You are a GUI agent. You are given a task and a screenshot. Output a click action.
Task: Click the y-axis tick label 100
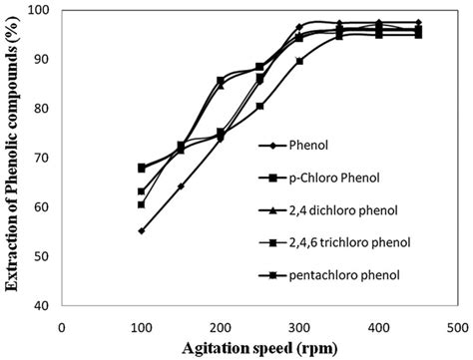pyautogui.click(x=39, y=10)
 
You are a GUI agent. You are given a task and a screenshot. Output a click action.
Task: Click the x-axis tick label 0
pyautogui.click(x=62, y=325)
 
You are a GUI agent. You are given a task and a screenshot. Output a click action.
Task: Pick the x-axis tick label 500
pyautogui.click(x=458, y=325)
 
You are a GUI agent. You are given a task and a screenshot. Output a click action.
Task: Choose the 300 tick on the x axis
pyautogui.click(x=299, y=325)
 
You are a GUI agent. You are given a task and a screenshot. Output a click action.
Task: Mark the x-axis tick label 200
pyautogui.click(x=221, y=325)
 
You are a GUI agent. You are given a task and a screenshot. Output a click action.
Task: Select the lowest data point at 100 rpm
pyautogui.click(x=142, y=230)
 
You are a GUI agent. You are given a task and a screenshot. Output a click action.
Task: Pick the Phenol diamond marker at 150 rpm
pyautogui.click(x=181, y=186)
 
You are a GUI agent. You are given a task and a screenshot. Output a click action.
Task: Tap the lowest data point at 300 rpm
pyautogui.click(x=299, y=61)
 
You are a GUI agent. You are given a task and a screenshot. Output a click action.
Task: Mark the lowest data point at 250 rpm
pyautogui.click(x=260, y=106)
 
